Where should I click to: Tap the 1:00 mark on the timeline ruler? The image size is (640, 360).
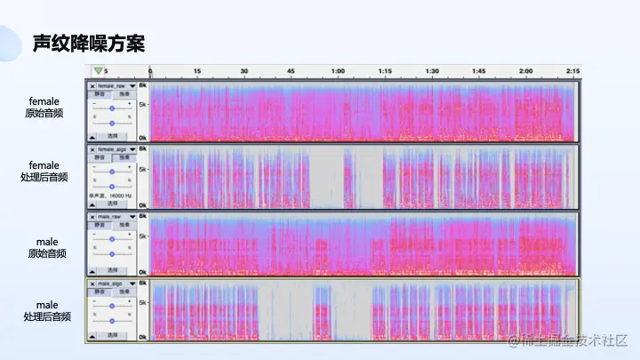point(338,71)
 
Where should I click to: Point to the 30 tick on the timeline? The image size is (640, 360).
point(244,71)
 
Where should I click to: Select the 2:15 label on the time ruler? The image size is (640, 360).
point(573,71)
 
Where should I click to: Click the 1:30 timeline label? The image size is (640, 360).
point(432,71)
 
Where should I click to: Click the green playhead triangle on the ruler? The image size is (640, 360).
point(98,70)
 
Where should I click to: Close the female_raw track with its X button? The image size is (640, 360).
point(92,85)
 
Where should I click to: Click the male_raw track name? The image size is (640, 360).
point(110,217)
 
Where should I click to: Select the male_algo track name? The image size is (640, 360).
point(110,284)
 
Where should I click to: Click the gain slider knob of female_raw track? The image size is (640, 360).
point(112,108)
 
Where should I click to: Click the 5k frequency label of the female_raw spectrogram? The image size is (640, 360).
point(142,104)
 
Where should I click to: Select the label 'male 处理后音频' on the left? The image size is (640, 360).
point(47,310)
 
